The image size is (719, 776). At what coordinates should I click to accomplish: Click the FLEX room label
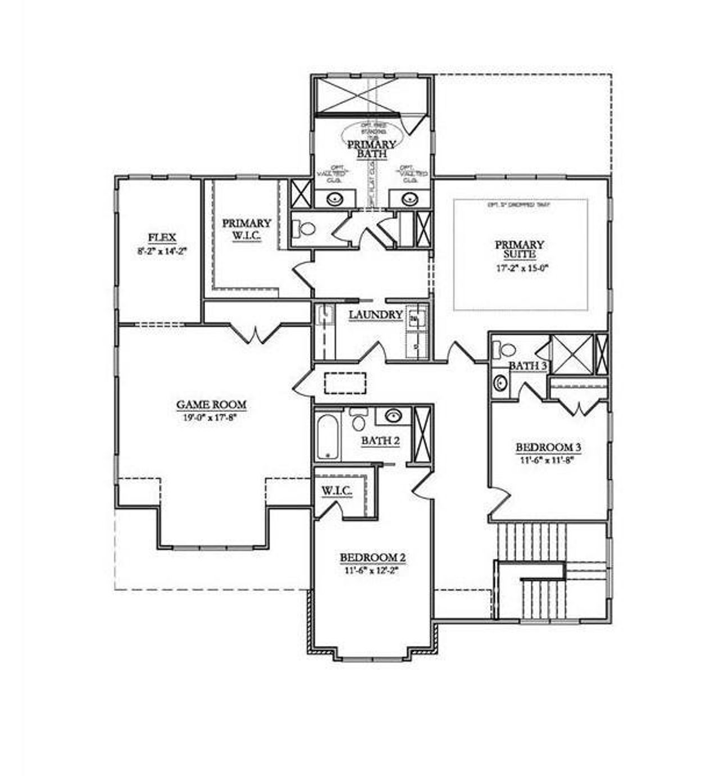tap(162, 237)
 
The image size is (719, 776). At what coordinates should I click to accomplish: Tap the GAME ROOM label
tap(211, 404)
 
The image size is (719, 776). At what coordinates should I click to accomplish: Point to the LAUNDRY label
tap(376, 315)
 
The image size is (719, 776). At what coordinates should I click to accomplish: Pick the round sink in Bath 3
tap(500, 383)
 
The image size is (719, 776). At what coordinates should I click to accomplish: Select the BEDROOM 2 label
tap(372, 557)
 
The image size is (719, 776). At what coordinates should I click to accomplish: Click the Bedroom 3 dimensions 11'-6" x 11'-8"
tap(548, 459)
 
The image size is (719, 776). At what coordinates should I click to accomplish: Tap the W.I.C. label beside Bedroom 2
tap(336, 492)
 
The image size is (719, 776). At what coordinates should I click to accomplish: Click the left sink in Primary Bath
tap(335, 198)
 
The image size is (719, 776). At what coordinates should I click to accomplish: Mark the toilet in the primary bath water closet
tap(305, 229)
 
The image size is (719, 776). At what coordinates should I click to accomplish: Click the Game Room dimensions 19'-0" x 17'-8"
tap(211, 418)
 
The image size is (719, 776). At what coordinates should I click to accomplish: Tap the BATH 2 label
tap(380, 441)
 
